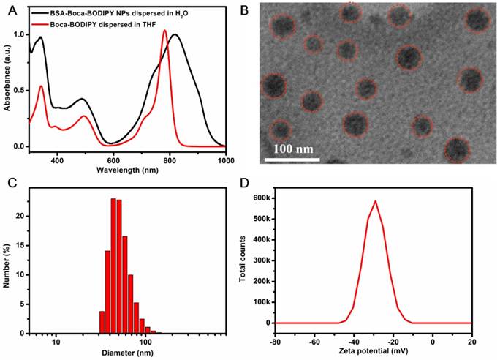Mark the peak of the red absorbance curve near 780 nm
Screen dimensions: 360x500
click(164, 31)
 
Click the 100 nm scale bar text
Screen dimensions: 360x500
click(294, 149)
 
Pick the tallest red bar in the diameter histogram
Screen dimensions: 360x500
click(113, 198)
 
